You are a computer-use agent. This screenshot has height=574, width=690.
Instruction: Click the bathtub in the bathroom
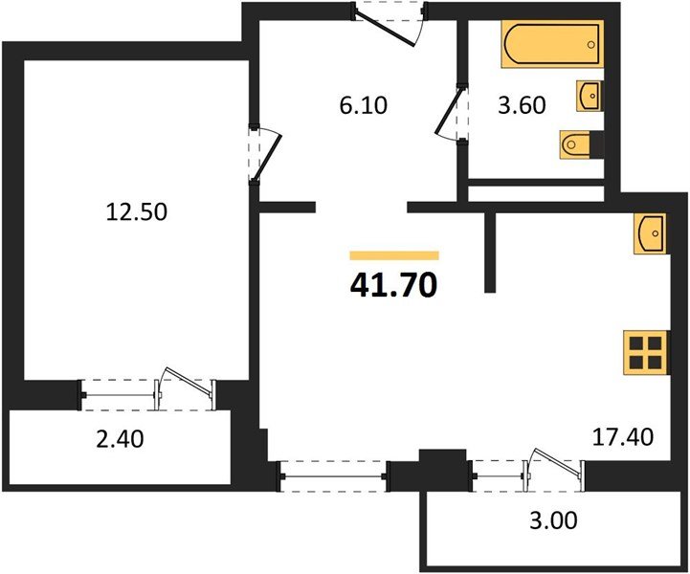[x=552, y=46]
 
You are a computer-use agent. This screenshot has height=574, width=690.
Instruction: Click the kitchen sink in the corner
[x=650, y=233]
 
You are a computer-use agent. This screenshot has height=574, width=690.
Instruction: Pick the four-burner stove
[x=644, y=351]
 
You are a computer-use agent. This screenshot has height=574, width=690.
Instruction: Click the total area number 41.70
[x=394, y=284]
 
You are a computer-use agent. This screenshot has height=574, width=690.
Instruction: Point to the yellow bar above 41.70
[x=394, y=255]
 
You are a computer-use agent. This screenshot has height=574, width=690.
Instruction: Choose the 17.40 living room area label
[x=623, y=438]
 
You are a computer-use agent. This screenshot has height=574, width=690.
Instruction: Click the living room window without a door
[x=333, y=474]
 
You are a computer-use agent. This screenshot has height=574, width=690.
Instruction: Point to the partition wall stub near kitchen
[x=491, y=252]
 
